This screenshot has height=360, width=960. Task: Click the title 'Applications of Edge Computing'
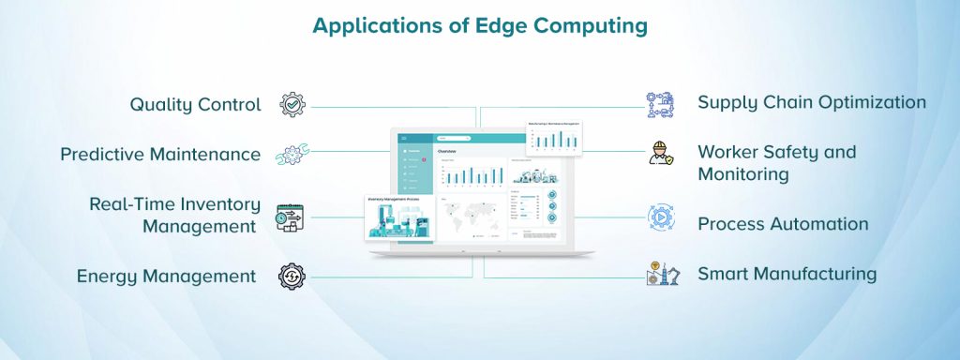[x=479, y=26]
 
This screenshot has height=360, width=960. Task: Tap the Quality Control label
[x=195, y=104]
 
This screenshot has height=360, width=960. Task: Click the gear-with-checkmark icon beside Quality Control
[x=292, y=104]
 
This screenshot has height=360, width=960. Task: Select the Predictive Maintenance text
[x=160, y=155]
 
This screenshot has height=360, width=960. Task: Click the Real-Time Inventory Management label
[x=173, y=215]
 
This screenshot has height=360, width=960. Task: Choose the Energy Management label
[x=166, y=276]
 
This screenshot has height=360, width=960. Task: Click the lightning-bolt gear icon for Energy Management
[x=292, y=277]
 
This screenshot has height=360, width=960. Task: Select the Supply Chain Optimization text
[x=812, y=102]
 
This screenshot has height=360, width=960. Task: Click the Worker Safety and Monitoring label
[x=776, y=163]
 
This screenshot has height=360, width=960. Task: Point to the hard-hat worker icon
[x=660, y=154]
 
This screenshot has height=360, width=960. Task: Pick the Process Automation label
[x=783, y=224]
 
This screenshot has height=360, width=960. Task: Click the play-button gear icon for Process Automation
[x=661, y=218]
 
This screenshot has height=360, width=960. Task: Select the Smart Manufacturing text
[x=787, y=274]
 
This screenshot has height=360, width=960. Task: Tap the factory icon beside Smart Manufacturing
[x=661, y=274]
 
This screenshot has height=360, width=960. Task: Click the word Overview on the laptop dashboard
[x=447, y=152]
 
